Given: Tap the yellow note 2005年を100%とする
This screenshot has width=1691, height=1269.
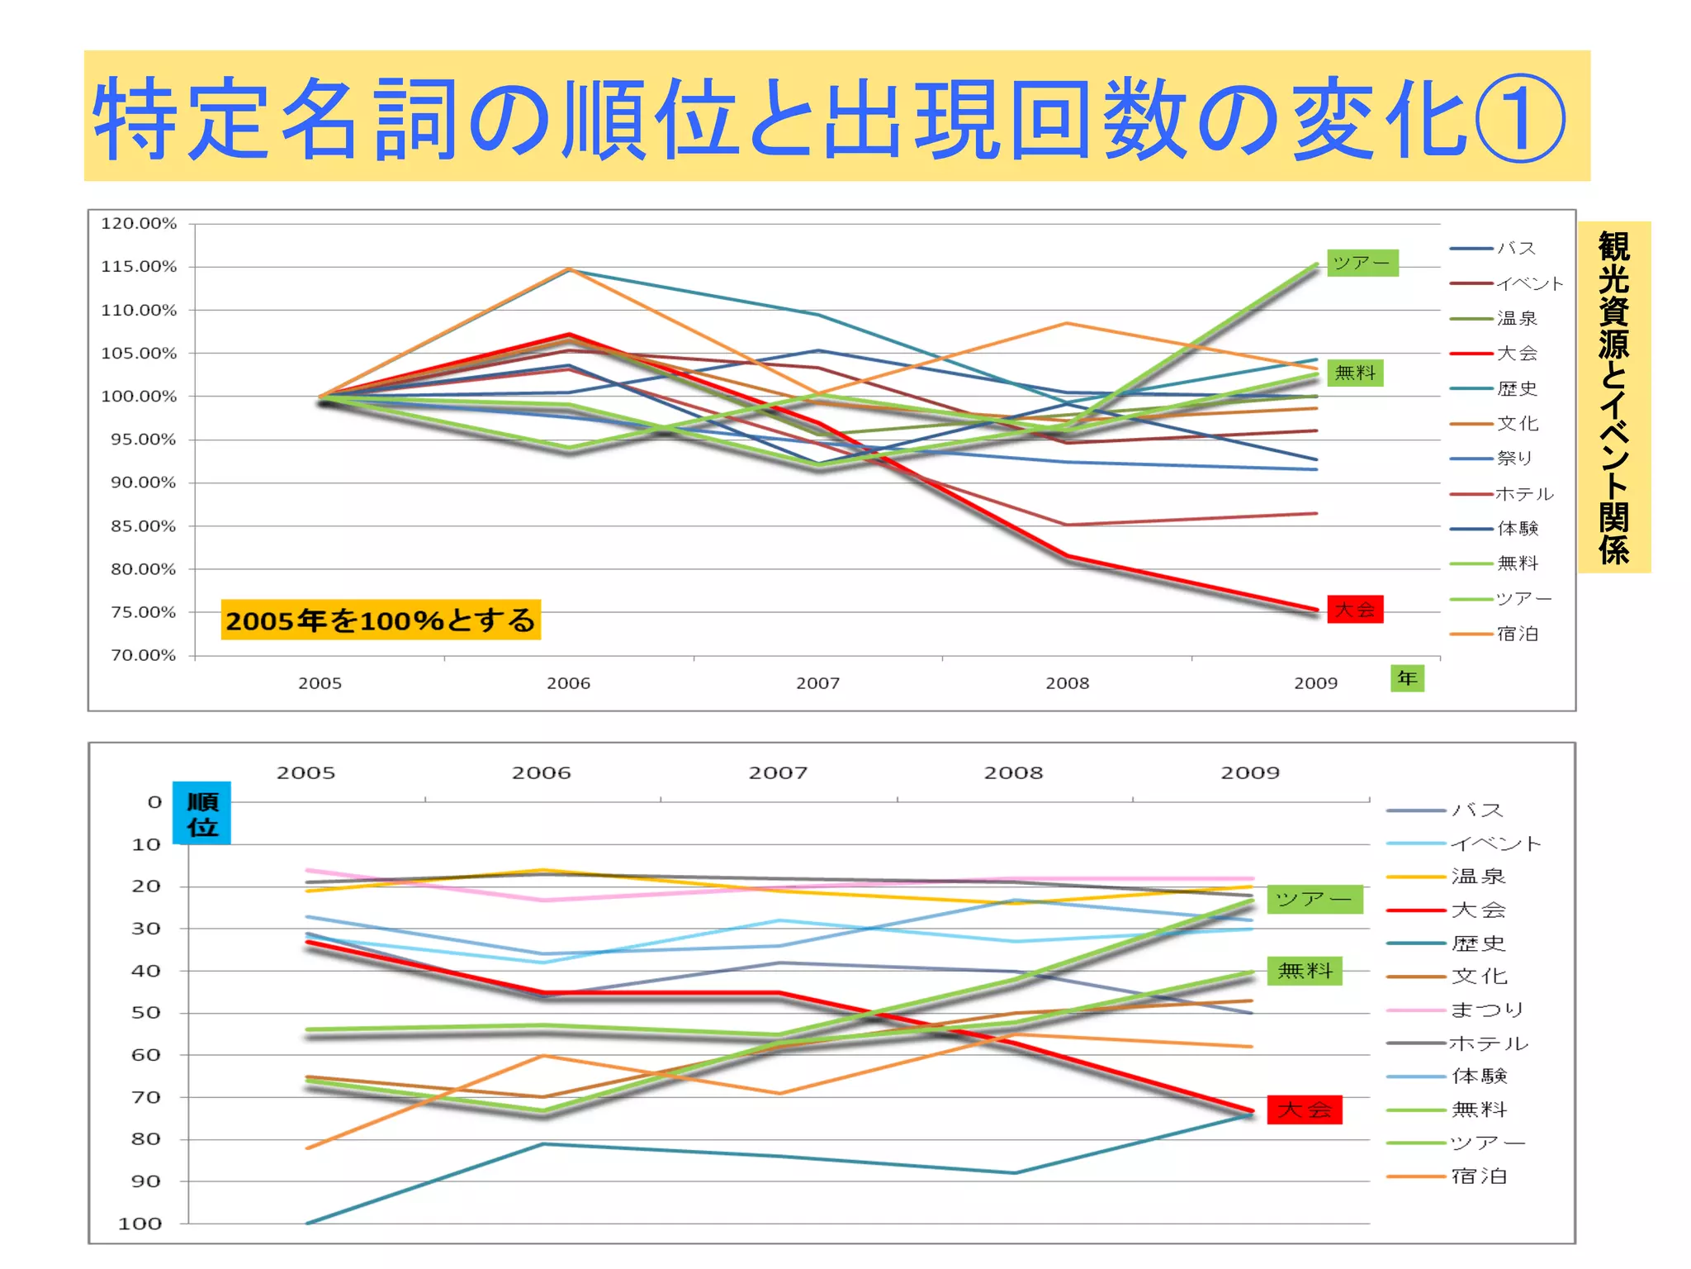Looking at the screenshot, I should [381, 620].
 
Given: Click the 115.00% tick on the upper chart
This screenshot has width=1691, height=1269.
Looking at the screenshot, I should [139, 267].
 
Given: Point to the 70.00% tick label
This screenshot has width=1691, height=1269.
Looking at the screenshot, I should [143, 655].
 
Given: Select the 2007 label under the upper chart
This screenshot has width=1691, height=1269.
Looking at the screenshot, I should [817, 683].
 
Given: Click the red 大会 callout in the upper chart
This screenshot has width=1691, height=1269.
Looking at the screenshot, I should [1354, 610].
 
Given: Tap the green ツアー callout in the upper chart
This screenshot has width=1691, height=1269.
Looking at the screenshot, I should [1362, 263].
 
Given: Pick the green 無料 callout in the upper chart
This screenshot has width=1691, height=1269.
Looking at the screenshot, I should [1355, 373].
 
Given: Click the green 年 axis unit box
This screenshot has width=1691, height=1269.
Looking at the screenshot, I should [1407, 678].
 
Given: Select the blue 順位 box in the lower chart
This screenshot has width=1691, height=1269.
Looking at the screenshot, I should [201, 814].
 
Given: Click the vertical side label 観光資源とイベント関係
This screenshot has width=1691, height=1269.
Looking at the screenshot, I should [1613, 397].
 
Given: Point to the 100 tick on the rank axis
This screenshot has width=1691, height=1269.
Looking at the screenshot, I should [140, 1224].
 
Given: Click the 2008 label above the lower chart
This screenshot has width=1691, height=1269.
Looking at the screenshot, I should [1013, 773].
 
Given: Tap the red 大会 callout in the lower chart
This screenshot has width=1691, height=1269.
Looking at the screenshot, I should [1305, 1110].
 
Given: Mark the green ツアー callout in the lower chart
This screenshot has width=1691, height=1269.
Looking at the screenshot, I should [1314, 899].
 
